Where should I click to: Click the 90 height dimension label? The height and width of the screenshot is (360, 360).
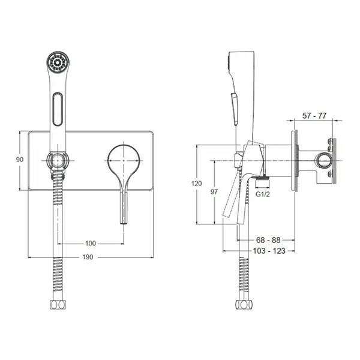pos(20,160)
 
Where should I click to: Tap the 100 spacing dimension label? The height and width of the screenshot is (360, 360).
pos(91,244)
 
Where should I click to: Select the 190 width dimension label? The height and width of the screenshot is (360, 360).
pos(88,257)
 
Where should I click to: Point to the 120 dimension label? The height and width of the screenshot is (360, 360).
pos(197,184)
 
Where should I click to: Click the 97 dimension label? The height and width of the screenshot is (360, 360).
pos(214,191)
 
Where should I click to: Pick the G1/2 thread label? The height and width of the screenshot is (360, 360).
pos(263,194)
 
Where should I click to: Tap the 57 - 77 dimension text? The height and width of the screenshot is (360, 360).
pos(314,116)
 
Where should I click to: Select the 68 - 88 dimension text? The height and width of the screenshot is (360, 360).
pos(268,240)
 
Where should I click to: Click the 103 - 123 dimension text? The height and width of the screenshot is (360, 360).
pos(269,251)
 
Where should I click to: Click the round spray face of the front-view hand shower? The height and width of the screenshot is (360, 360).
pos(58,62)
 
